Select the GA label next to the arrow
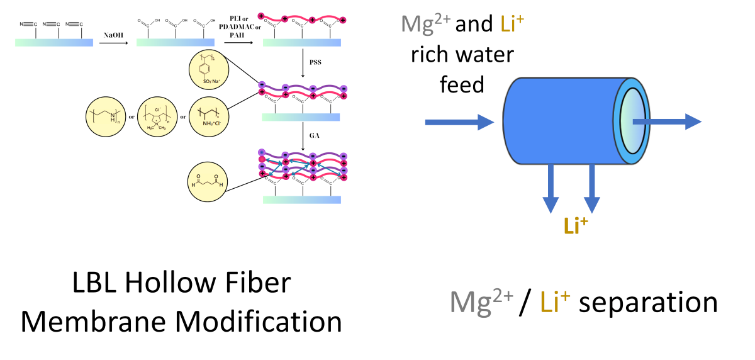click(314, 135)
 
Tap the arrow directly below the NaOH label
click(113, 43)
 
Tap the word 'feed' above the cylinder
click(462, 84)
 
